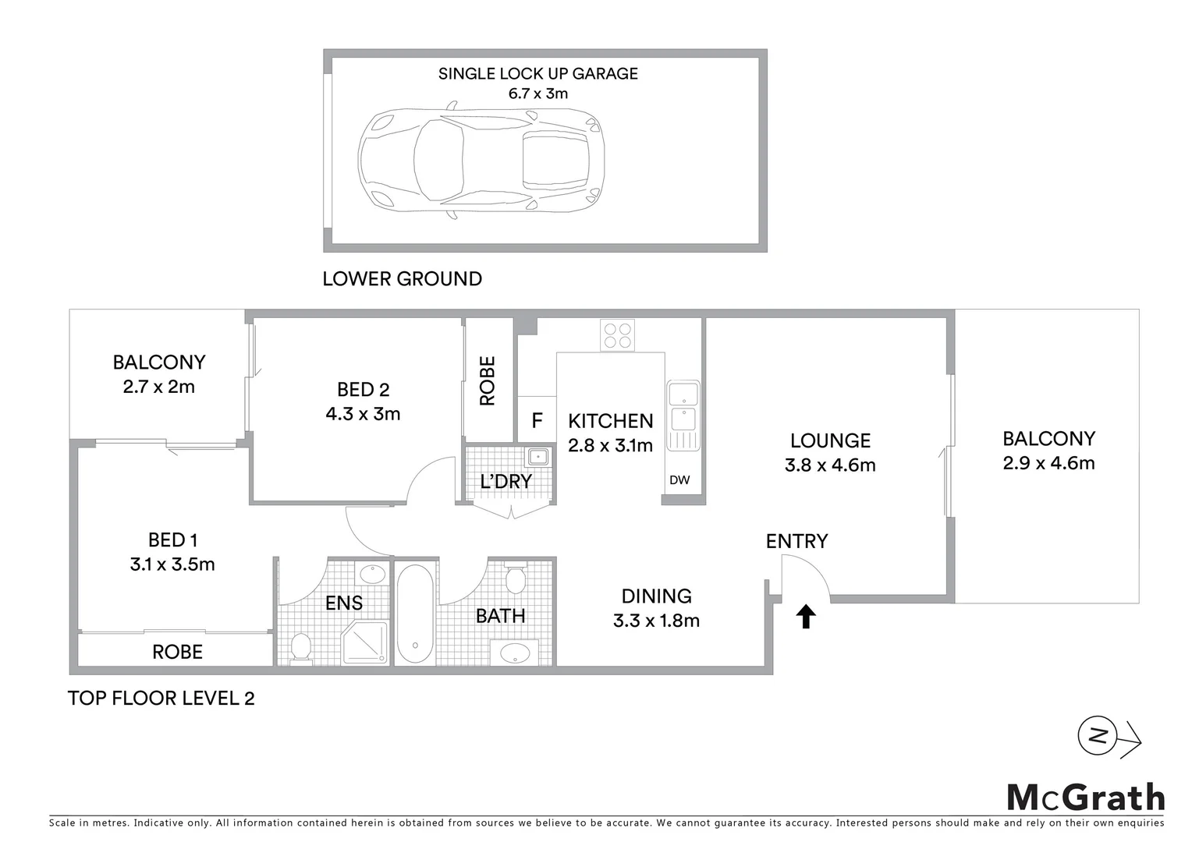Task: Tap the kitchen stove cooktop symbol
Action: point(617,335)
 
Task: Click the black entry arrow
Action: point(805,617)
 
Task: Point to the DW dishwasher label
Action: point(679,480)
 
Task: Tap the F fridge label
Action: point(537,421)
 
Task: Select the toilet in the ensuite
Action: point(300,649)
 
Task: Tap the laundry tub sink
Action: point(537,457)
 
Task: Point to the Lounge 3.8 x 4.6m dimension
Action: point(830,465)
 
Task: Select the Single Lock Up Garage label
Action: point(537,73)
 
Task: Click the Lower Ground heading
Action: point(402,279)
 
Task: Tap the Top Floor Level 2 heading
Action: point(161,698)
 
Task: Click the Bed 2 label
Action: point(363,389)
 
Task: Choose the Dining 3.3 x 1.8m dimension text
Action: point(656,621)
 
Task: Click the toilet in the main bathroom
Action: point(515,580)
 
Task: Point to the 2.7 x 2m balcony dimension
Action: point(158,387)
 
